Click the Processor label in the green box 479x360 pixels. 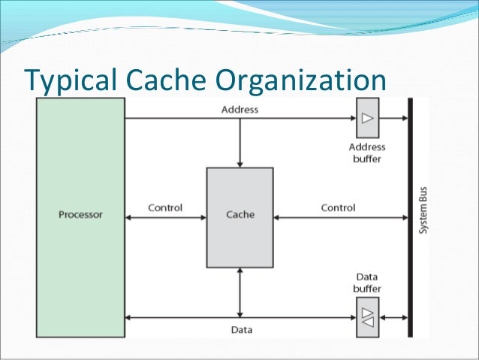click(80, 214)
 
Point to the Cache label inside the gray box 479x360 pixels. click(240, 214)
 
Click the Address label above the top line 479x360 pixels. click(240, 110)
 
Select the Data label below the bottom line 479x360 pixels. click(241, 330)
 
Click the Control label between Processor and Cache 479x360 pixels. click(165, 207)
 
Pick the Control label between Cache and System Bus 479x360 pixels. click(338, 207)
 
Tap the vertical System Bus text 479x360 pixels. click(423, 214)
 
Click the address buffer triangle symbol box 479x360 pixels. click(367, 118)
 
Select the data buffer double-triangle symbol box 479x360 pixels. click(367, 317)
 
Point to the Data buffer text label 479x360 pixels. click(367, 283)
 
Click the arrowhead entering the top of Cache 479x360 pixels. click(240, 163)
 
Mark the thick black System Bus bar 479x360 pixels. click(409, 218)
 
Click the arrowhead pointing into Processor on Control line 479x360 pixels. click(129, 218)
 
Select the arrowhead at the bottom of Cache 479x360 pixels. click(240, 272)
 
